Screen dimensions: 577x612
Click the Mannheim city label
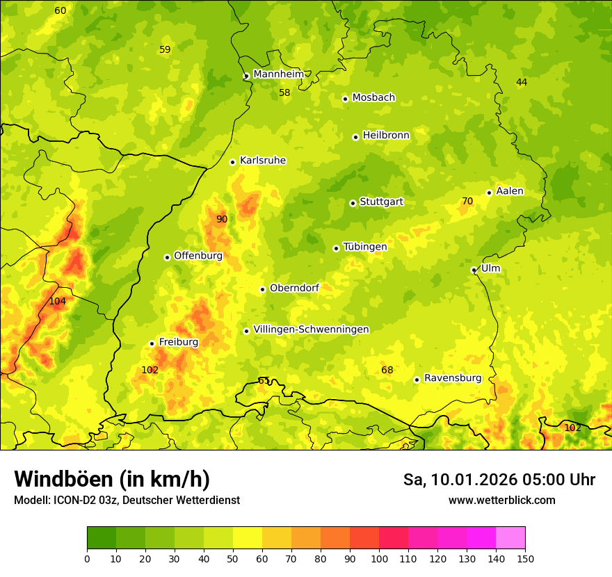(278, 74)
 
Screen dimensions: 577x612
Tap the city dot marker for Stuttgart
(353, 203)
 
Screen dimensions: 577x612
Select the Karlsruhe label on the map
(262, 161)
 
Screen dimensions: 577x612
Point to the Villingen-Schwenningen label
(311, 330)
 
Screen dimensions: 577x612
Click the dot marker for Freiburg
(152, 343)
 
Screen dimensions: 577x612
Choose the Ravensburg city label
(452, 378)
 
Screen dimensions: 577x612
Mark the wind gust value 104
(57, 302)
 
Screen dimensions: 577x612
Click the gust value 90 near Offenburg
(221, 220)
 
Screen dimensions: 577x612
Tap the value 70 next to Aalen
(467, 202)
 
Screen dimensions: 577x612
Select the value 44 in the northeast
(522, 83)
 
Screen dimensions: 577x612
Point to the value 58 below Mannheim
(284, 93)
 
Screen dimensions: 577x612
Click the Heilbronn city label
(386, 136)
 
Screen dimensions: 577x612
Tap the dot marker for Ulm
(474, 270)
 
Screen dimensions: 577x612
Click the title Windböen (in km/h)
(112, 480)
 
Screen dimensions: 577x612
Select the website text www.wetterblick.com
(501, 501)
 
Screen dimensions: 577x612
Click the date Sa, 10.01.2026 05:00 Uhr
(499, 480)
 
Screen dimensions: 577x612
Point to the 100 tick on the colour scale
(379, 558)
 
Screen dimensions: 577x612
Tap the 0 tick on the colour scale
(87, 558)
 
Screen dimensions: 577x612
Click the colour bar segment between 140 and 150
(510, 538)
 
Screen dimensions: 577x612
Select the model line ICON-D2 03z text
(127, 501)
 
